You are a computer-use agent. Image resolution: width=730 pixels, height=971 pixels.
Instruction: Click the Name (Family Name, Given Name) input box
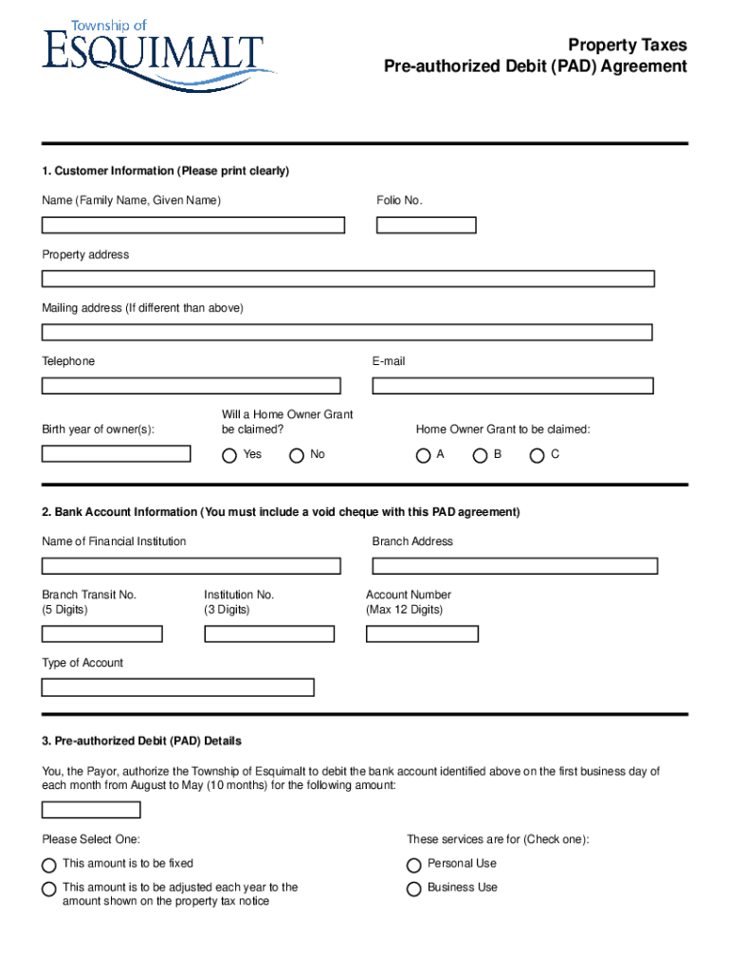click(192, 226)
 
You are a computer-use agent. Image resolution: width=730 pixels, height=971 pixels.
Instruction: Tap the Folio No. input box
click(426, 226)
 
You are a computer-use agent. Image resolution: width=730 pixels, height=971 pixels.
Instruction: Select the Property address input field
click(348, 279)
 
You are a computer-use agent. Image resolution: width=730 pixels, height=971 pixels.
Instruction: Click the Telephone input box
click(191, 386)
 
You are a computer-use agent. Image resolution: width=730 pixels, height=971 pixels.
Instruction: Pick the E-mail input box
click(513, 386)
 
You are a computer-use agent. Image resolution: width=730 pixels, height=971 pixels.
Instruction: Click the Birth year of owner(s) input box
click(116, 453)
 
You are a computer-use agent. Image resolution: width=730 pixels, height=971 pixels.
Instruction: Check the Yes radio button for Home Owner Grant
click(229, 455)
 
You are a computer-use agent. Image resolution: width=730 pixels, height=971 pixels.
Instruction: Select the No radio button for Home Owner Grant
click(297, 455)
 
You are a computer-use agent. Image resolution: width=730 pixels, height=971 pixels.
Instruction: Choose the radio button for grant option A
click(424, 455)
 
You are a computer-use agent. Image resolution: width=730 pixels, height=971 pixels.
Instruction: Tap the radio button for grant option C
click(538, 455)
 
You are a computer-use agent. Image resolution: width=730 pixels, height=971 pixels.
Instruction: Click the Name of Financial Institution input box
click(191, 566)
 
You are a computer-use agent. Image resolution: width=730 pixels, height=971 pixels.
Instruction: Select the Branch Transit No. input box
click(101, 633)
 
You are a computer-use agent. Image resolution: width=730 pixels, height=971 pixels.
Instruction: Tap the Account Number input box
click(422, 633)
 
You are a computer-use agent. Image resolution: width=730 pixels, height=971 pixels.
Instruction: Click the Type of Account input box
click(177, 687)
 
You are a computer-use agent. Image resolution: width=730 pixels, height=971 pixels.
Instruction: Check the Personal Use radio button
click(414, 865)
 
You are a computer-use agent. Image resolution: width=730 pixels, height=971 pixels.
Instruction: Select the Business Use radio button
click(414, 889)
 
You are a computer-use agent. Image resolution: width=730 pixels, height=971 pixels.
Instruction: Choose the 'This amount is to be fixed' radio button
click(49, 865)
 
